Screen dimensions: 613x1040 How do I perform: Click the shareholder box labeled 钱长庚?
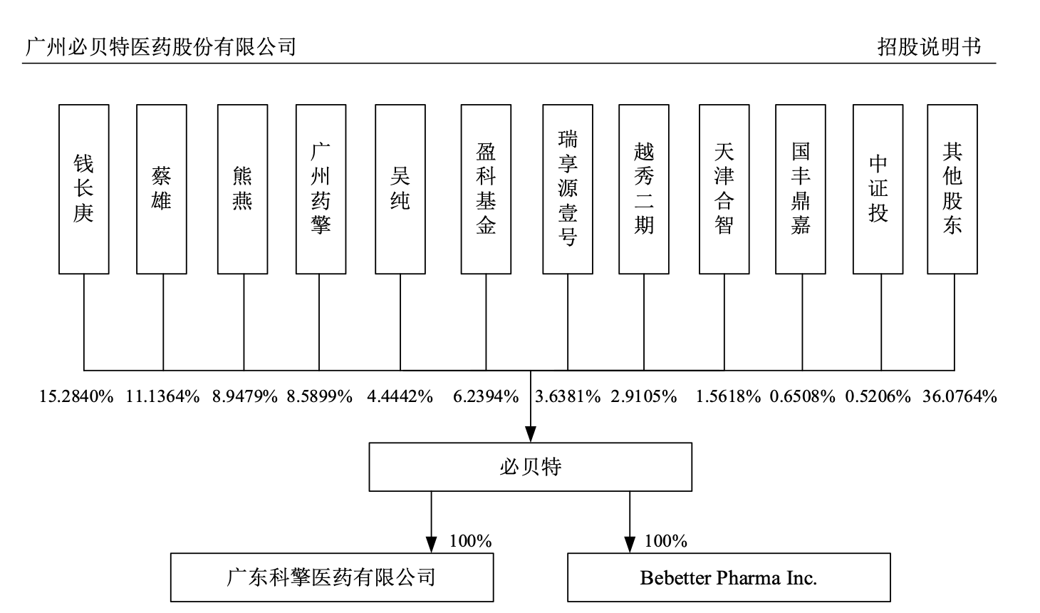(x=84, y=189)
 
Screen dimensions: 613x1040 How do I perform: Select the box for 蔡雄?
(x=162, y=189)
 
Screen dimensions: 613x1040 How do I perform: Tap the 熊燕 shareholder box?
(x=243, y=189)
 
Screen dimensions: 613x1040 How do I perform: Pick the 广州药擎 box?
(x=321, y=189)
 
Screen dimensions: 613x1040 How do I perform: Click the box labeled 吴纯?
(x=400, y=189)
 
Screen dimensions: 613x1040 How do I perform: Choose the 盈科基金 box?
(x=486, y=189)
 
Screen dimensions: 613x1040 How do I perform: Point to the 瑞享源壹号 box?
(x=568, y=189)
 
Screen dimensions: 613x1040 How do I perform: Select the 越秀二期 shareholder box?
(x=644, y=189)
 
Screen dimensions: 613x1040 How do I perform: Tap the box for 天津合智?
(x=724, y=189)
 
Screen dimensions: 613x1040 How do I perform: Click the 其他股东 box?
(x=952, y=189)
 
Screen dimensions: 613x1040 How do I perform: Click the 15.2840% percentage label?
(x=76, y=397)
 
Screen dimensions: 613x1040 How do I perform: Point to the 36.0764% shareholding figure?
(x=960, y=397)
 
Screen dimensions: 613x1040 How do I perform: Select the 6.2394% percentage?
(x=486, y=397)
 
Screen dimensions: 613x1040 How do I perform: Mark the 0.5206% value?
(x=878, y=397)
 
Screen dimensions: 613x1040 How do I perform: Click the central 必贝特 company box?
(x=530, y=467)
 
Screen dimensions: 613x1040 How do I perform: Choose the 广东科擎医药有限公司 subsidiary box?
(x=331, y=577)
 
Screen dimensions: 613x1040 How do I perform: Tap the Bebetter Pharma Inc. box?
(x=729, y=577)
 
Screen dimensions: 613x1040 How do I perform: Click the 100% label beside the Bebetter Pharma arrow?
(x=666, y=542)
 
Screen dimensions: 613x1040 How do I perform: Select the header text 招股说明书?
(x=929, y=47)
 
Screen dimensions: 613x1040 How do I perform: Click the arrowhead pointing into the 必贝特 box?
(x=530, y=434)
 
